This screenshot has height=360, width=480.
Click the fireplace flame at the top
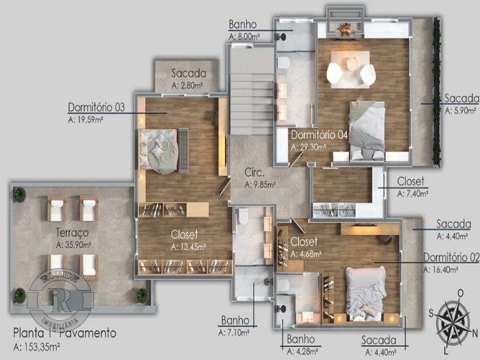(x=346, y=28)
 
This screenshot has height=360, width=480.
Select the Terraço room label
(x=72, y=232)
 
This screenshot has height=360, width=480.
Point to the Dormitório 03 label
(x=97, y=108)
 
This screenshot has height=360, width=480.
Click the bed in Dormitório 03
(x=158, y=151)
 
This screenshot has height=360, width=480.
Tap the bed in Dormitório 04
(x=367, y=130)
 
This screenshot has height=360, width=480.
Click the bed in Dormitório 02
(x=365, y=293)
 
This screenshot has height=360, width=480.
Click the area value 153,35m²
(x=36, y=347)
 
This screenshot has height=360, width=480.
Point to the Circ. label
(x=254, y=173)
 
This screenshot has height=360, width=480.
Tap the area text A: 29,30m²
(x=308, y=147)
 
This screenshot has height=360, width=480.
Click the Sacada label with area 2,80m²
(x=189, y=73)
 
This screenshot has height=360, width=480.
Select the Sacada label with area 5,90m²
(x=461, y=98)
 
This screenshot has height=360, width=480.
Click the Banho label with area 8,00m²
(x=243, y=25)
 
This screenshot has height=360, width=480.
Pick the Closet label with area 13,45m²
(x=184, y=235)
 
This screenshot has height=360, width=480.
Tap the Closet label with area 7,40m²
(x=411, y=181)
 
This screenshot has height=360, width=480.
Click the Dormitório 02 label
(x=451, y=258)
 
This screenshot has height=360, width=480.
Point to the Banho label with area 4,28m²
(x=300, y=339)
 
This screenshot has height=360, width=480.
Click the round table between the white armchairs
(x=351, y=64)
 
